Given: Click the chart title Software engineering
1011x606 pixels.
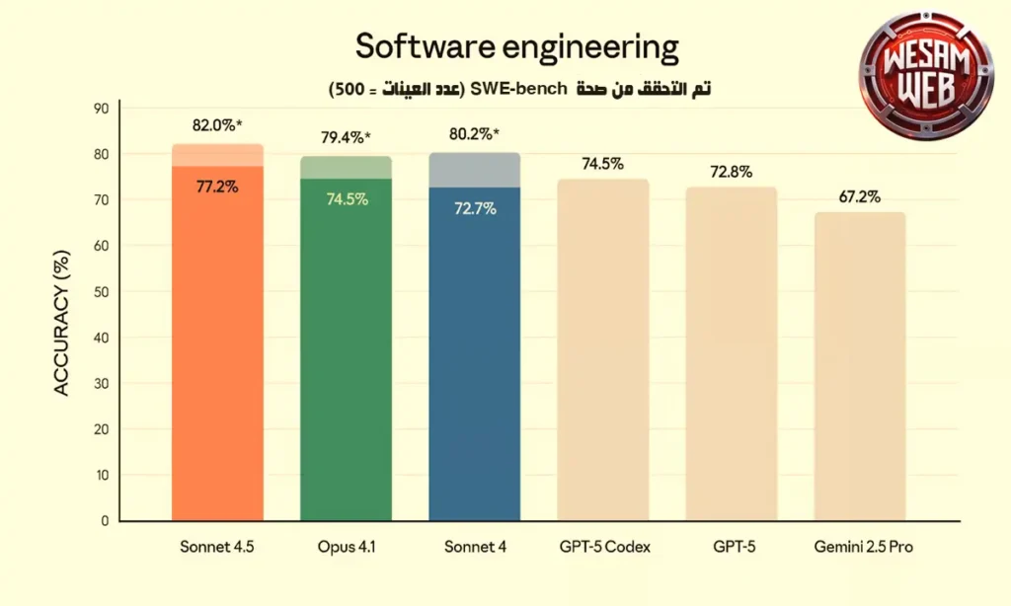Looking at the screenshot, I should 516,46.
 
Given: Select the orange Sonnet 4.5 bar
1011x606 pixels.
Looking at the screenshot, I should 217,345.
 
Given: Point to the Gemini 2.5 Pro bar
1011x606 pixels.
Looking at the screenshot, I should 859,366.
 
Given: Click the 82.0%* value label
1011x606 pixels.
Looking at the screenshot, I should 218,126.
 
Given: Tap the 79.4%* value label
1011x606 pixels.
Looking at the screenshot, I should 346,138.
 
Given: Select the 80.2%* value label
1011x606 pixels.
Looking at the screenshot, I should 474,134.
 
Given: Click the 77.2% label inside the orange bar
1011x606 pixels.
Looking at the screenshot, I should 217,187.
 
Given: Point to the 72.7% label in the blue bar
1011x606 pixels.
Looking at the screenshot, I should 474,209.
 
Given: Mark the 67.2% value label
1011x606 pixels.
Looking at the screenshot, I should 859,197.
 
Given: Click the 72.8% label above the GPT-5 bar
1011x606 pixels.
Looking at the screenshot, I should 731,172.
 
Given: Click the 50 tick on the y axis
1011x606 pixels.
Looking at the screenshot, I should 101,292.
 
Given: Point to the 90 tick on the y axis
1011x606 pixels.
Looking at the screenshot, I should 101,109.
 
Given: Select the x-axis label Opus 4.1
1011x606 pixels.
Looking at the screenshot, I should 346,547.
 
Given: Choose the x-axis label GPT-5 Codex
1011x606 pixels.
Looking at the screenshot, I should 602,547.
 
